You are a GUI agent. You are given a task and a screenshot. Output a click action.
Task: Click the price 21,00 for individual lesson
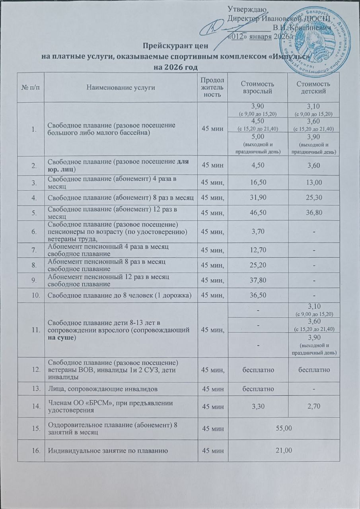click(x=287, y=450)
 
